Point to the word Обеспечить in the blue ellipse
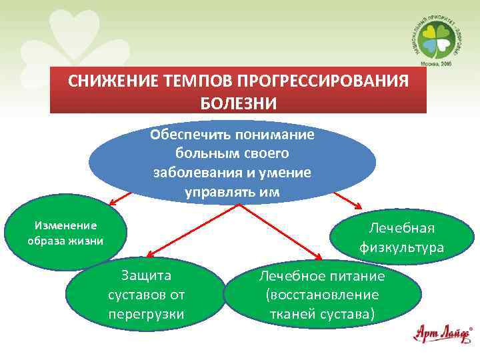tap(187, 135)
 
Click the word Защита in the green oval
tap(146, 275)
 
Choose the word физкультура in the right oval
tap(402, 247)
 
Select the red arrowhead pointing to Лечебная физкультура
tap(359, 207)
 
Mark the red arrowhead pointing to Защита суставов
tap(149, 254)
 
